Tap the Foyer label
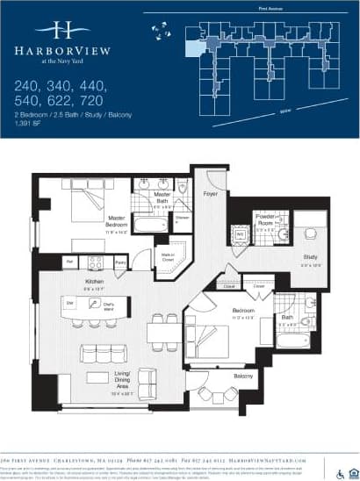pyautogui.click(x=211, y=192)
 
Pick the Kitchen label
pyautogui.click(x=93, y=285)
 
